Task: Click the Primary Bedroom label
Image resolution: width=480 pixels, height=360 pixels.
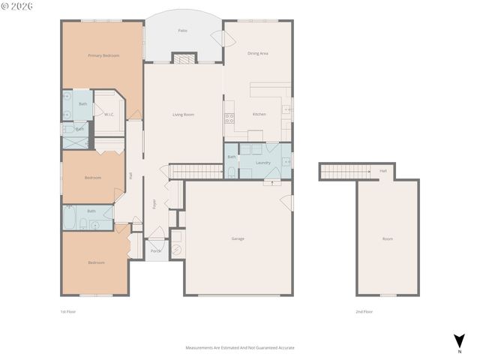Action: coord(103,55)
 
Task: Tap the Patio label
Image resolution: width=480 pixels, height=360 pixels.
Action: coord(182,31)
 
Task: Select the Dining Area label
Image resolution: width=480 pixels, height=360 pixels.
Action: coord(258,53)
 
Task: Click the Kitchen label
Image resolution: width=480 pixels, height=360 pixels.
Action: coord(259,114)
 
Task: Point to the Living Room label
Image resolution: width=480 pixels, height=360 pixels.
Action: coord(183,114)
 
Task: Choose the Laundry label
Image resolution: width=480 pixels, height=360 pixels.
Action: coord(263,162)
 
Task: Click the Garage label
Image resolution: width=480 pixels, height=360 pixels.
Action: coord(237,238)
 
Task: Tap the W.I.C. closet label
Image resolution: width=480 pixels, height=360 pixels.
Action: coord(109,115)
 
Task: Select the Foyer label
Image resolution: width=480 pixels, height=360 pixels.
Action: coord(155,203)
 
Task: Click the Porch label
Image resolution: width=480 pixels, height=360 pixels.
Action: coord(156,250)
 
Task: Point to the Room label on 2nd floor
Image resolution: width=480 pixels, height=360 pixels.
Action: coord(387,238)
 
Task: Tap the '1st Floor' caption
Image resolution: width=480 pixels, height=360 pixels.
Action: coord(68,310)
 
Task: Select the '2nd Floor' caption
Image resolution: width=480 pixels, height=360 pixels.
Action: coord(364,310)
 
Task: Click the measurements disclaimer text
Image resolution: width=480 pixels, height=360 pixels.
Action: coord(240,348)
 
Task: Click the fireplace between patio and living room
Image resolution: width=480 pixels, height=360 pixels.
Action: coord(183,58)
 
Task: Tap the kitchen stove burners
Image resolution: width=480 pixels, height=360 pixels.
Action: coord(230,117)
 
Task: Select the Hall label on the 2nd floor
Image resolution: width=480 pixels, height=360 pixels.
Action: coord(383,171)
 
